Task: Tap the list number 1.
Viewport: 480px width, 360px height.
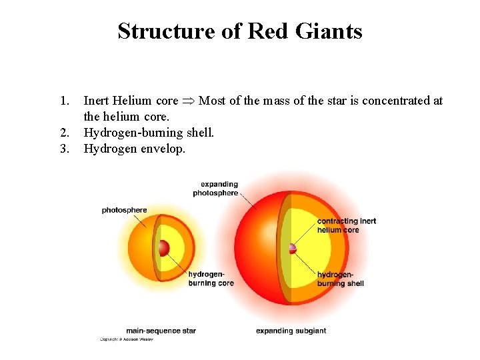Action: [65, 101]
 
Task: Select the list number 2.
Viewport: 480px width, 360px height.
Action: [65, 133]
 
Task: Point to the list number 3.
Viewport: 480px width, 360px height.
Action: [65, 149]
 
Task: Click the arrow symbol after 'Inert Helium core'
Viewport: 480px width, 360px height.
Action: [189, 101]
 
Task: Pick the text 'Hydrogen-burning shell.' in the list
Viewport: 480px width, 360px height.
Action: [149, 133]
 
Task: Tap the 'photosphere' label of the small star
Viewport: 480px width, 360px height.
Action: [124, 211]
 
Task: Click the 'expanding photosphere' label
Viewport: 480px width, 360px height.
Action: [215, 189]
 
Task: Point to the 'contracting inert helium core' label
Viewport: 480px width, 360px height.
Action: [347, 225]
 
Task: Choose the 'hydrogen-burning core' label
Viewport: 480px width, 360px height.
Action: [211, 279]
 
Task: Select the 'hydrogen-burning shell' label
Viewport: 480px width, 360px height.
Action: [340, 279]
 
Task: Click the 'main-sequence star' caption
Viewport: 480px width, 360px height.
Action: [161, 331]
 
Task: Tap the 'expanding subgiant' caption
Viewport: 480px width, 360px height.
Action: [291, 331]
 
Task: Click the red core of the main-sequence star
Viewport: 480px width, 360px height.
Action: [163, 249]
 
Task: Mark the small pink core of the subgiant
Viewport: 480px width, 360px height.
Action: [292, 249]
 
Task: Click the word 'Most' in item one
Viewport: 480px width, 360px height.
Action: [213, 101]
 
